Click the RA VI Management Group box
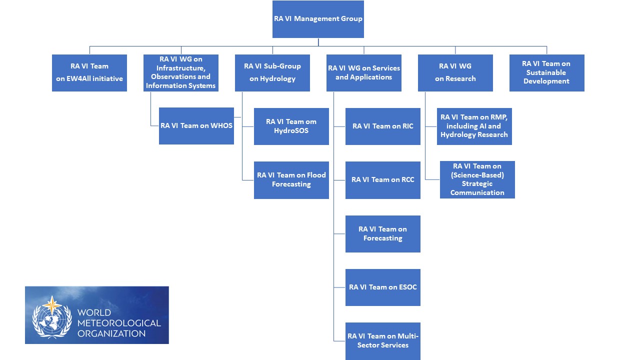(x=318, y=19)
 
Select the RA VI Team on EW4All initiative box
(x=89, y=72)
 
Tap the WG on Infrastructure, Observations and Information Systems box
(x=181, y=72)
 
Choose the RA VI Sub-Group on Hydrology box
(x=272, y=72)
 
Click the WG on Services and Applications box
(x=364, y=72)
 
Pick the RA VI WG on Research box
(x=455, y=72)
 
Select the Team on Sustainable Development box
(x=546, y=72)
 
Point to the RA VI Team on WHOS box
(x=196, y=126)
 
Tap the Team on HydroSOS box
(x=291, y=126)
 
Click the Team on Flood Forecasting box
(x=291, y=180)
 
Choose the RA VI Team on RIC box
(x=383, y=126)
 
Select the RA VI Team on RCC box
(x=383, y=180)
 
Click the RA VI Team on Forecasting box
(x=383, y=233)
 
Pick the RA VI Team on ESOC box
(x=383, y=287)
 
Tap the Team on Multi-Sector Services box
(x=383, y=341)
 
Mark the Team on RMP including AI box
(x=474, y=126)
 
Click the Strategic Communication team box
(x=477, y=179)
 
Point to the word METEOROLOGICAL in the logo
(x=119, y=323)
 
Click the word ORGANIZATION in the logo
(x=111, y=333)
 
